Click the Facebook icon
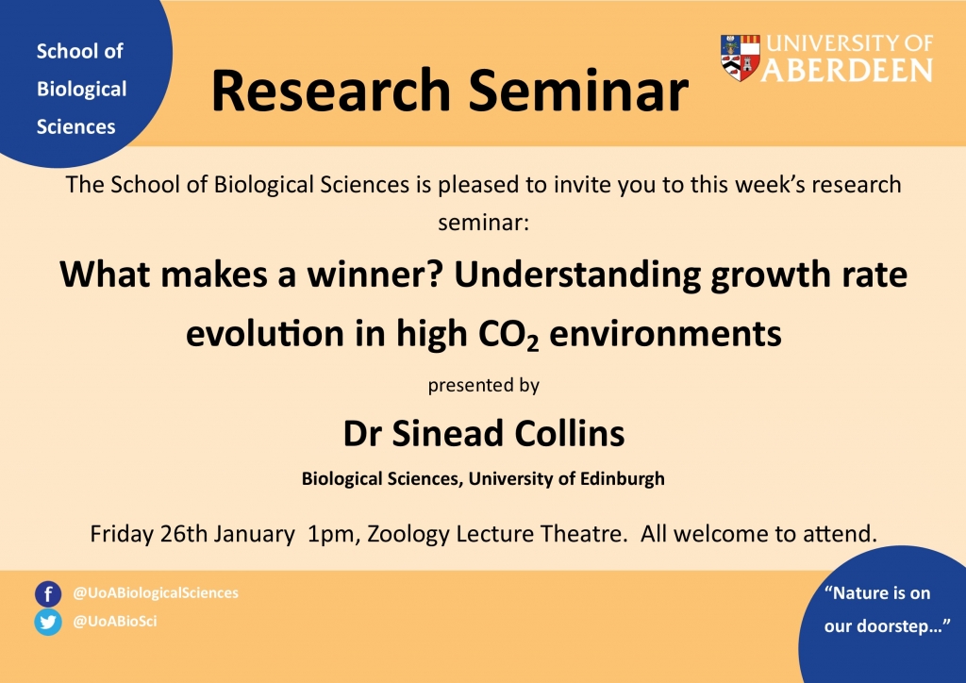(x=48, y=594)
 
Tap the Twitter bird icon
(x=48, y=622)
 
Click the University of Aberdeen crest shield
(x=740, y=58)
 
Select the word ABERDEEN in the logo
(x=848, y=70)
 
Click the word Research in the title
(x=332, y=92)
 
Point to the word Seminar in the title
(x=578, y=92)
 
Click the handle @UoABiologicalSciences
(x=156, y=592)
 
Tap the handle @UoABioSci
(x=115, y=621)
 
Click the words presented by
(x=484, y=386)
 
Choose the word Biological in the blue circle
(x=82, y=90)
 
